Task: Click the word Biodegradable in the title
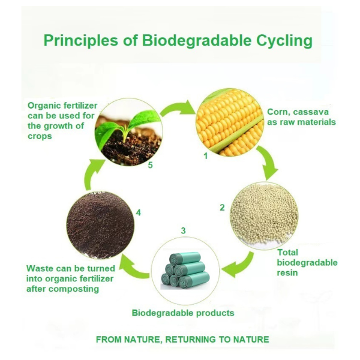pyautogui.click(x=197, y=41)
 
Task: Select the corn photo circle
pyautogui.click(x=230, y=122)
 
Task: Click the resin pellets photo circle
pyautogui.click(x=264, y=215)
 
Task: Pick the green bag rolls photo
pyautogui.click(x=185, y=271)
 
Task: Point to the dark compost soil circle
pyautogui.click(x=100, y=225)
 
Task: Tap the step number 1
pyautogui.click(x=206, y=156)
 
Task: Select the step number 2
pyautogui.click(x=222, y=208)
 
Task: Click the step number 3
pyautogui.click(x=183, y=230)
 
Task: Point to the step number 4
pyautogui.click(x=138, y=212)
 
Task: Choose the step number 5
pyautogui.click(x=151, y=165)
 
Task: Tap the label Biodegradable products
pyautogui.click(x=183, y=313)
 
